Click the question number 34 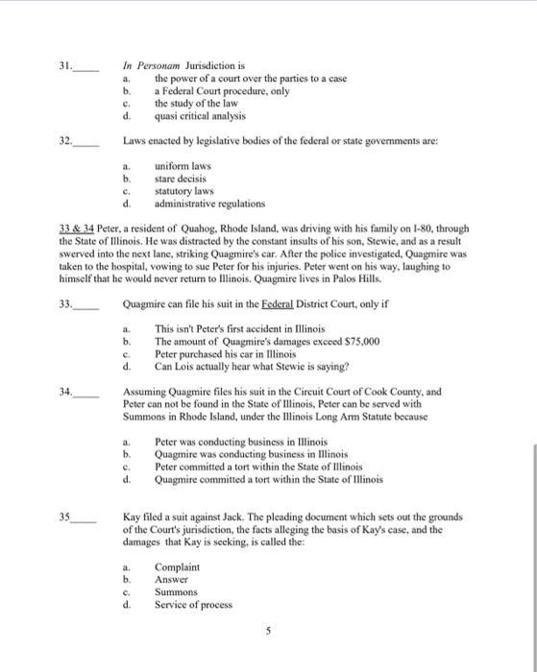click(x=64, y=392)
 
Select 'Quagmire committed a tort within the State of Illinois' click(x=268, y=479)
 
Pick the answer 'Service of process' click(x=193, y=605)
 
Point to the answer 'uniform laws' click(x=183, y=165)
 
